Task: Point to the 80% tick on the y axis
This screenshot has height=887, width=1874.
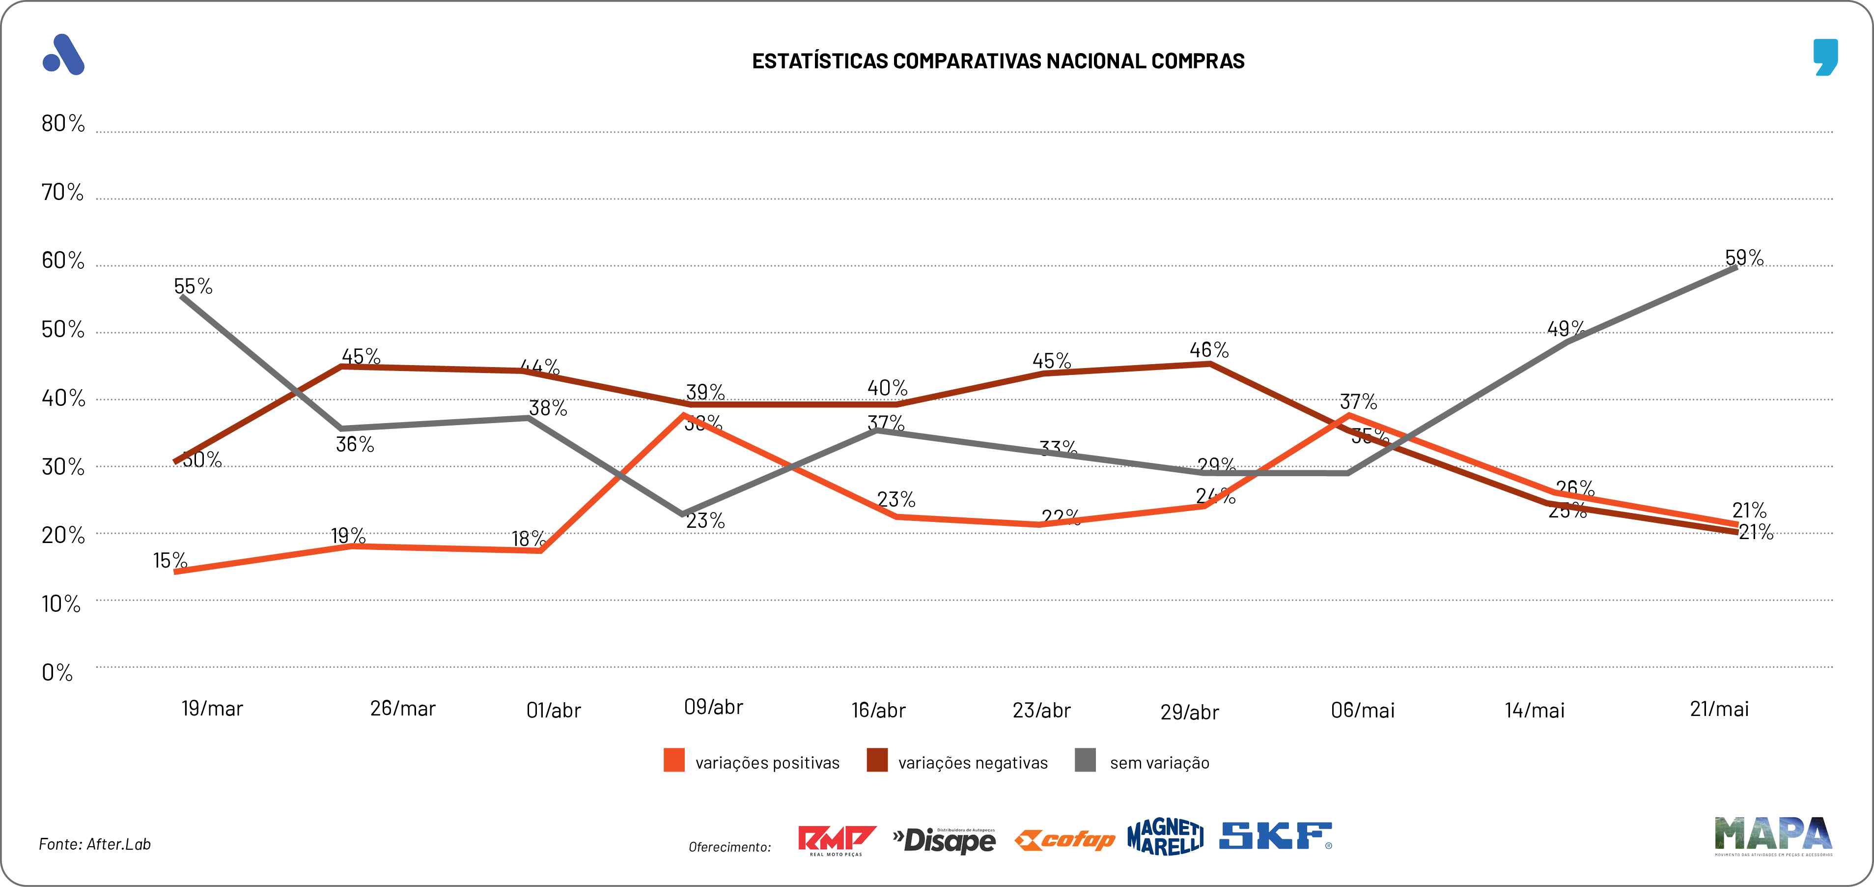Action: [62, 124]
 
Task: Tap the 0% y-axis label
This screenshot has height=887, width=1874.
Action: [57, 672]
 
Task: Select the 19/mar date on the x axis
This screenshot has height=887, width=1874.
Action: [212, 709]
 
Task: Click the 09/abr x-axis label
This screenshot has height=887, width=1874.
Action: [713, 707]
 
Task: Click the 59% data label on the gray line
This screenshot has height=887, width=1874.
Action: [1744, 258]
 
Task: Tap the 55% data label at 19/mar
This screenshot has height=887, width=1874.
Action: [193, 286]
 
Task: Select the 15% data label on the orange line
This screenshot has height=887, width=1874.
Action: [169, 560]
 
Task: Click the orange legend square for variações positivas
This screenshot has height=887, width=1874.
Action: [673, 760]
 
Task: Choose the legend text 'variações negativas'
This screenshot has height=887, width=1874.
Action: [973, 763]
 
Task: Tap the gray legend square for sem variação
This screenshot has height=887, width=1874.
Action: [1085, 760]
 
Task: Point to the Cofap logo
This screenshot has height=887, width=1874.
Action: [1064, 840]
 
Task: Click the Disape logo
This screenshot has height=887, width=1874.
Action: [944, 840]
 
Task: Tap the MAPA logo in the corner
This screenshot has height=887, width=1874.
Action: [1773, 834]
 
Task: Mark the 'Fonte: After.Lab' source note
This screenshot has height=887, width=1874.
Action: [95, 844]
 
